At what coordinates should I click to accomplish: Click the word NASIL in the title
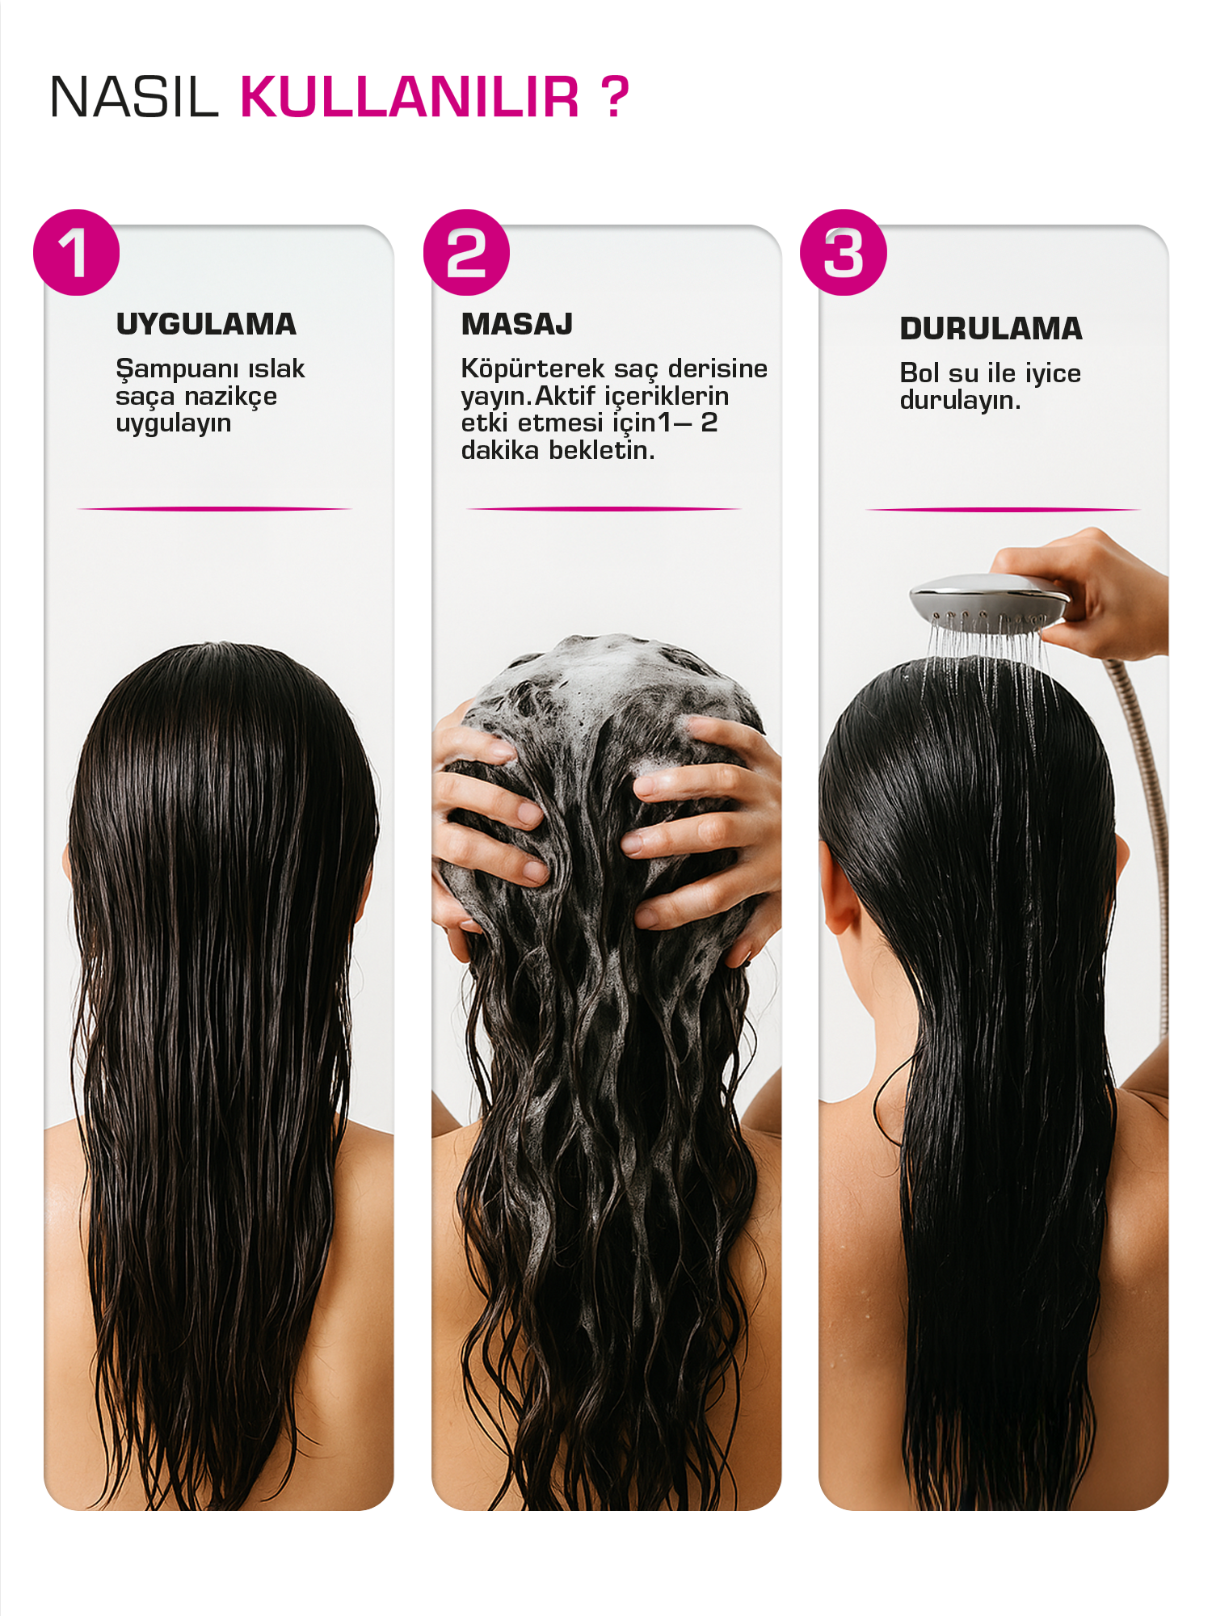point(134,97)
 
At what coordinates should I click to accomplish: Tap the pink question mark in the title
point(614,97)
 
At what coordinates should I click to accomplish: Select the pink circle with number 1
point(77,253)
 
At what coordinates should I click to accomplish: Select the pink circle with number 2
point(467,253)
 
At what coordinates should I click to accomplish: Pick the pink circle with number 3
point(844,253)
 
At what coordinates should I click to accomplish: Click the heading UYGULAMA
point(206,324)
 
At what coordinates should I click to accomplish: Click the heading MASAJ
point(517,324)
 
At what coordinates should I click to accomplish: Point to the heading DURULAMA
point(991,329)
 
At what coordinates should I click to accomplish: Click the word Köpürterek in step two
point(532,369)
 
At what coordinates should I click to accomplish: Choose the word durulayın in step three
point(960,400)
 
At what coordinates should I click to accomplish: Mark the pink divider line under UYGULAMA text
point(214,509)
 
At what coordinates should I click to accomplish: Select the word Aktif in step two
point(566,396)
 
